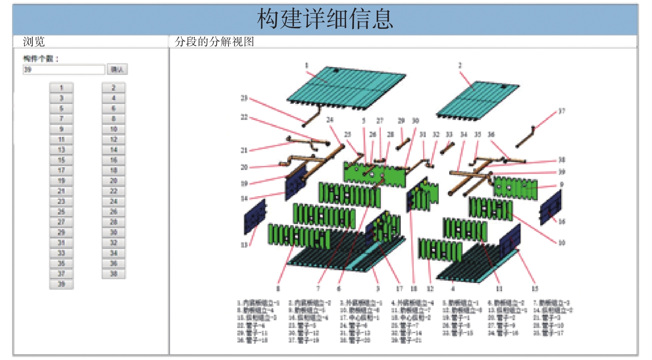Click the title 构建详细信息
point(325,19)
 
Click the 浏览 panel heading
point(34,41)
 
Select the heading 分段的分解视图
point(214,41)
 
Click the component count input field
point(64,70)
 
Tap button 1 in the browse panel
point(61,88)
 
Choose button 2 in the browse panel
point(113,88)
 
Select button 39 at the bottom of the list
point(61,284)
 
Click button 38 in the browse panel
point(113,274)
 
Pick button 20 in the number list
point(113,181)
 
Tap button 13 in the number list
point(61,150)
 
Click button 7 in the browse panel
point(61,119)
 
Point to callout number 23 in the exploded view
point(244,98)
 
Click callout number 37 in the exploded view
point(561,111)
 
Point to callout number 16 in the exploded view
point(561,221)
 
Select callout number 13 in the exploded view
point(244,245)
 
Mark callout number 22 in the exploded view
point(244,117)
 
